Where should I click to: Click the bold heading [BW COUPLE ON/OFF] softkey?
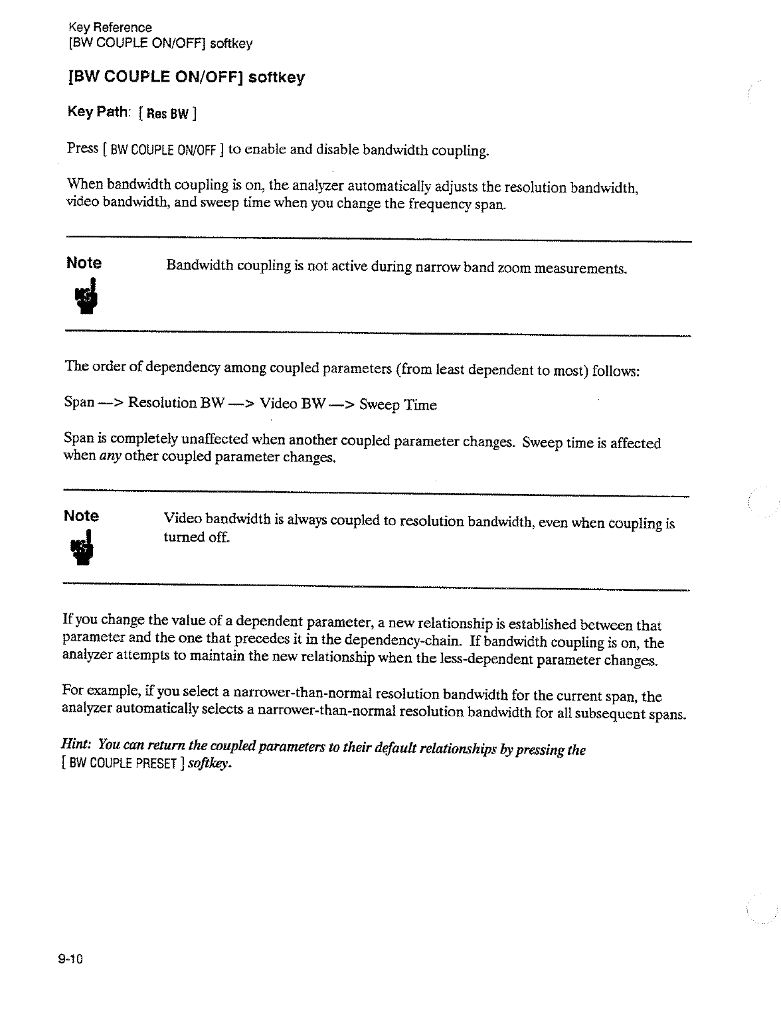click(x=186, y=78)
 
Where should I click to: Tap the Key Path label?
click(x=98, y=112)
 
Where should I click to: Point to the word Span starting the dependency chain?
click(x=78, y=402)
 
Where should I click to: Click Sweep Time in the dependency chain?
click(x=398, y=405)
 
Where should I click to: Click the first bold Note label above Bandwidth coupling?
click(x=84, y=263)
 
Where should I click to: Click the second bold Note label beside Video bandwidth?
click(x=82, y=516)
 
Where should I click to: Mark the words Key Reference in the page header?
click(x=110, y=28)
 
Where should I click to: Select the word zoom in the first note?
click(x=514, y=268)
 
